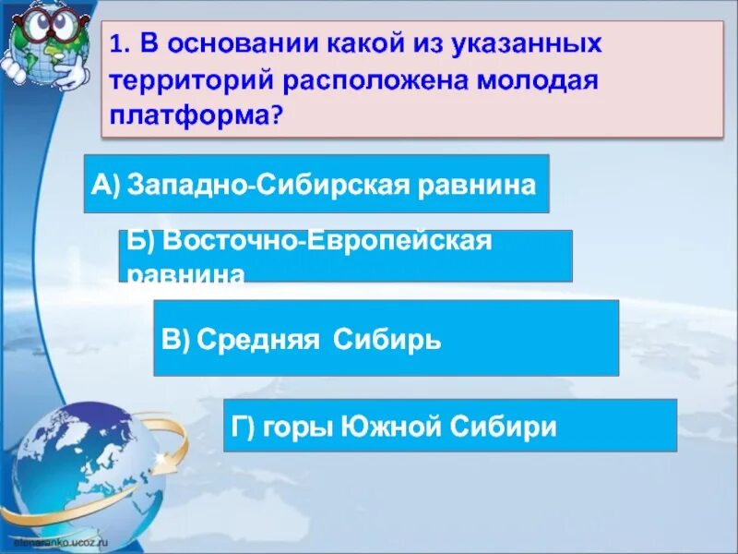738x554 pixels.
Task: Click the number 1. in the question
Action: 121,44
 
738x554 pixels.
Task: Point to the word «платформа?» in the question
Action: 196,116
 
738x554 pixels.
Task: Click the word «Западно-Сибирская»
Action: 260,185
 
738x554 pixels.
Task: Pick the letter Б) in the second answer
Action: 142,243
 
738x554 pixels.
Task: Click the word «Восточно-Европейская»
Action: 327,243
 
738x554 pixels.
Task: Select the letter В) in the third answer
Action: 175,340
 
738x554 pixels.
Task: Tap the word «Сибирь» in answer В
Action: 387,340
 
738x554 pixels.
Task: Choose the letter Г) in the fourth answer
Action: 244,427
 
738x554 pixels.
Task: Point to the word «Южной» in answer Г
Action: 381,427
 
